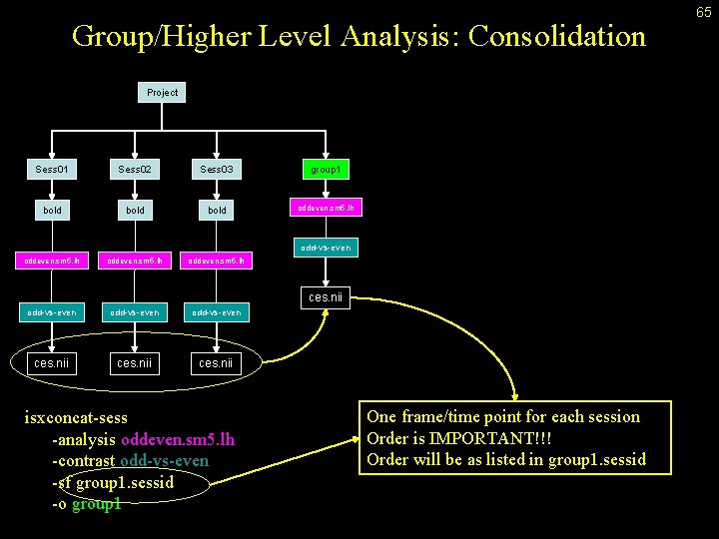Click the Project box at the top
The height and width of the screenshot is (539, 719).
pos(162,93)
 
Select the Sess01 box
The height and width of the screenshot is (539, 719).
pos(52,170)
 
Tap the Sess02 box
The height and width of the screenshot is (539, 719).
pos(135,170)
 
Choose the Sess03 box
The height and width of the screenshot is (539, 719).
pos(217,170)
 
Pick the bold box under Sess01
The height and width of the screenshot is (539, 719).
pos(52,211)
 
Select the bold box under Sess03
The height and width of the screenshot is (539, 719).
pos(217,211)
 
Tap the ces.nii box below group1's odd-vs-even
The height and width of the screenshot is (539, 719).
pos(327,296)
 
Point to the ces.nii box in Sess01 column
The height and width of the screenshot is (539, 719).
pos(52,362)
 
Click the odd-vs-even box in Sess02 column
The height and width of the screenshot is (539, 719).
pos(135,312)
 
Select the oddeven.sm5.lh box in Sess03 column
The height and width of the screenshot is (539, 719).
pos(217,261)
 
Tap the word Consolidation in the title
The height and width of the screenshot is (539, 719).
pos(556,37)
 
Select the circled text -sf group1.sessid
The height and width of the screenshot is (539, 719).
pos(113,483)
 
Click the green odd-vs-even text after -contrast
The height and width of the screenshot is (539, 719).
pos(164,461)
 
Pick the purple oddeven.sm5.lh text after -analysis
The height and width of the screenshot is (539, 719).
pos(178,440)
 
